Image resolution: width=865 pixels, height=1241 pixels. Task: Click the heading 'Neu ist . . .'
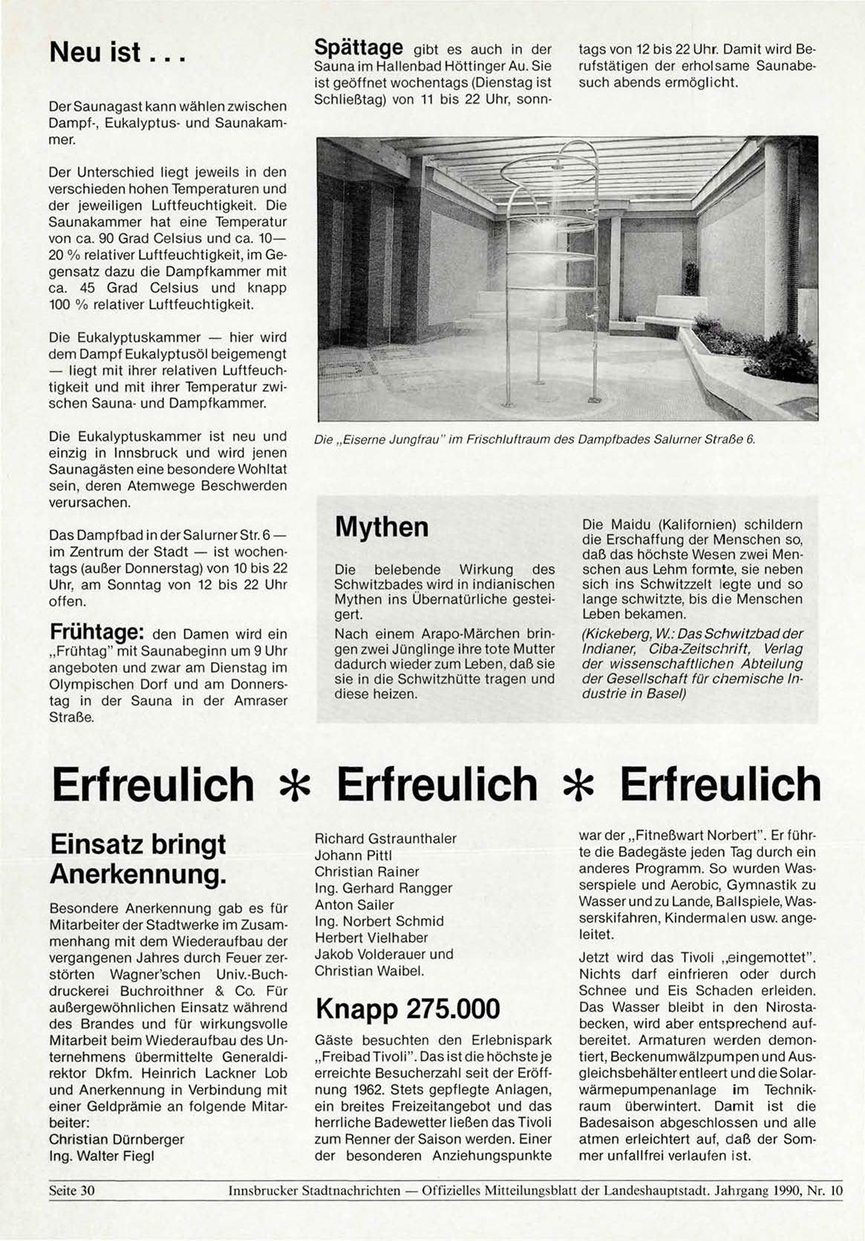coord(116,54)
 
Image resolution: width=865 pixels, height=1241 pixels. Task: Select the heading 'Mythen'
coord(382,527)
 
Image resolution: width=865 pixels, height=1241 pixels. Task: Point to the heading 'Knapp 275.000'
coord(408,1009)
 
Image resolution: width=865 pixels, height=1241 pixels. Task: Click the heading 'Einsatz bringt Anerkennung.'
coord(138,859)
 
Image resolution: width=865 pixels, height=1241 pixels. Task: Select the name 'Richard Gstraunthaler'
coord(385,838)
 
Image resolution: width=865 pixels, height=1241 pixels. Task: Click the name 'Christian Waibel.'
coord(369,971)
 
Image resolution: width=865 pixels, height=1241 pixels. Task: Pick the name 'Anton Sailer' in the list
coord(354,905)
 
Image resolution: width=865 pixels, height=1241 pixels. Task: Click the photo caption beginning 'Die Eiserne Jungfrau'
coord(535,440)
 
